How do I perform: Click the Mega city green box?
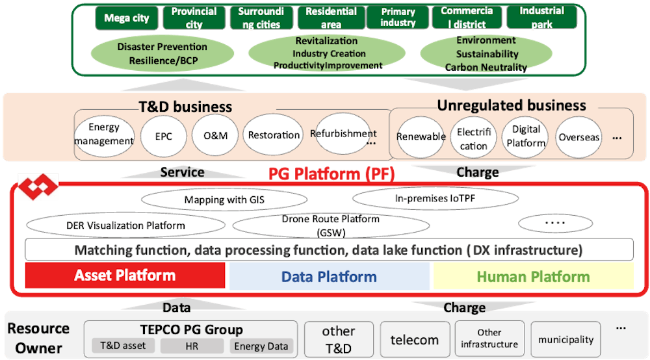coord(127,18)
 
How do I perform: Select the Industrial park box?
coord(541,18)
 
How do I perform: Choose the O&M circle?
coord(216,136)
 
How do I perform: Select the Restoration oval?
coord(274,135)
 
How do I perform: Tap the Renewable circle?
coord(421,136)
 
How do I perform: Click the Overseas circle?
coord(578,137)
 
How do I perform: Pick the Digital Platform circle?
coord(526,136)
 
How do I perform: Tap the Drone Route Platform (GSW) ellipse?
coord(331,225)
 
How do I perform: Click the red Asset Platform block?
coord(126,276)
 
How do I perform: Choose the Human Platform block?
coord(533,276)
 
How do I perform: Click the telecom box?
coord(414,339)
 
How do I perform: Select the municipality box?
coord(565,339)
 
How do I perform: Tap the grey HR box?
coord(192,346)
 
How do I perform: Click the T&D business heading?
coord(185,107)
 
